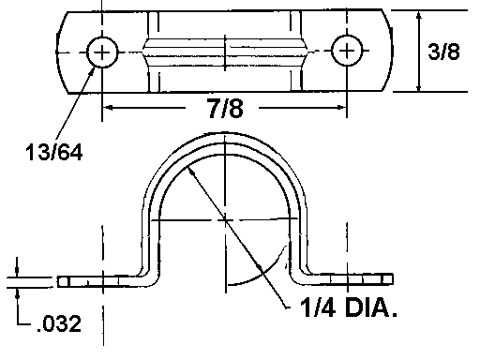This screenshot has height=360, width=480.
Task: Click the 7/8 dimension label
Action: pos(226,108)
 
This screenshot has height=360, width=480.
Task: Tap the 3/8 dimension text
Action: pos(444,52)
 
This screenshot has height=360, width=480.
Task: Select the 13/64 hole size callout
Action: pos(54,152)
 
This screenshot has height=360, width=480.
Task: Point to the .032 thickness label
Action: pos(59,323)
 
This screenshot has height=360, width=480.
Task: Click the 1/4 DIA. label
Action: pos(349,307)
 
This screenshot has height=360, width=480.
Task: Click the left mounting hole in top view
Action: pos(102,52)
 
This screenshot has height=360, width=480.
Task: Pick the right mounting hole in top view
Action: pos(347,51)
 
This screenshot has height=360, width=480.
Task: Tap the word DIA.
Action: pos(370,307)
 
